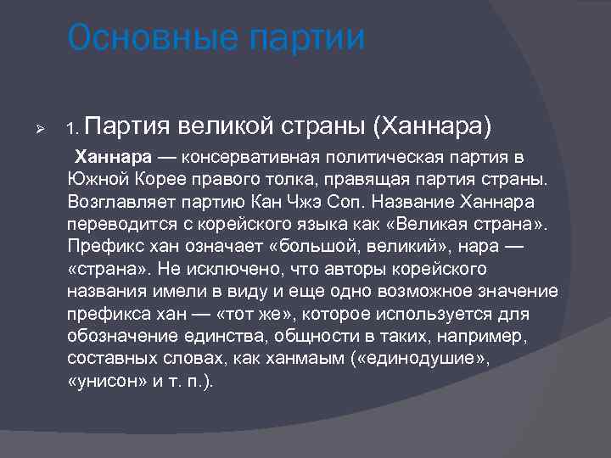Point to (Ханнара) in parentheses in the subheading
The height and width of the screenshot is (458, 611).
coord(432,127)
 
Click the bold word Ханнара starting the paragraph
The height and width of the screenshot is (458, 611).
coord(113,159)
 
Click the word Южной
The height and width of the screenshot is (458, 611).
coord(95,181)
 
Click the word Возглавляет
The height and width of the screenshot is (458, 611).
coord(118,204)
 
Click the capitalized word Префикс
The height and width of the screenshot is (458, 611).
coord(102,248)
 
